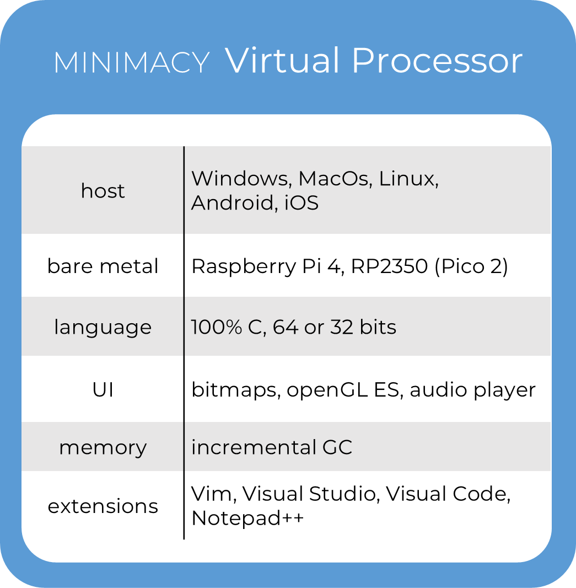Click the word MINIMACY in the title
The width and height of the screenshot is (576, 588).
point(132,62)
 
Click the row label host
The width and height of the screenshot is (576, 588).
point(103,191)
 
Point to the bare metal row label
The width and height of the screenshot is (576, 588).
point(103,266)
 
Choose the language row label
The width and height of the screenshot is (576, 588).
point(103,328)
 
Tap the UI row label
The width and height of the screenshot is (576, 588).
point(103,390)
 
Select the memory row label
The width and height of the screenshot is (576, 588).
point(103,447)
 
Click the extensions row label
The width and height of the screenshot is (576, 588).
point(103,506)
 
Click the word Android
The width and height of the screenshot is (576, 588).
point(232,203)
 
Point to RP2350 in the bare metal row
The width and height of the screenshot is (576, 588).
point(389,266)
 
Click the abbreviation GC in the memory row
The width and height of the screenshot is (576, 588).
point(337,447)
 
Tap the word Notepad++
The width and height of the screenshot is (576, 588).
point(247,518)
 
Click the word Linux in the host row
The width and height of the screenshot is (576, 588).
point(408,179)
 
